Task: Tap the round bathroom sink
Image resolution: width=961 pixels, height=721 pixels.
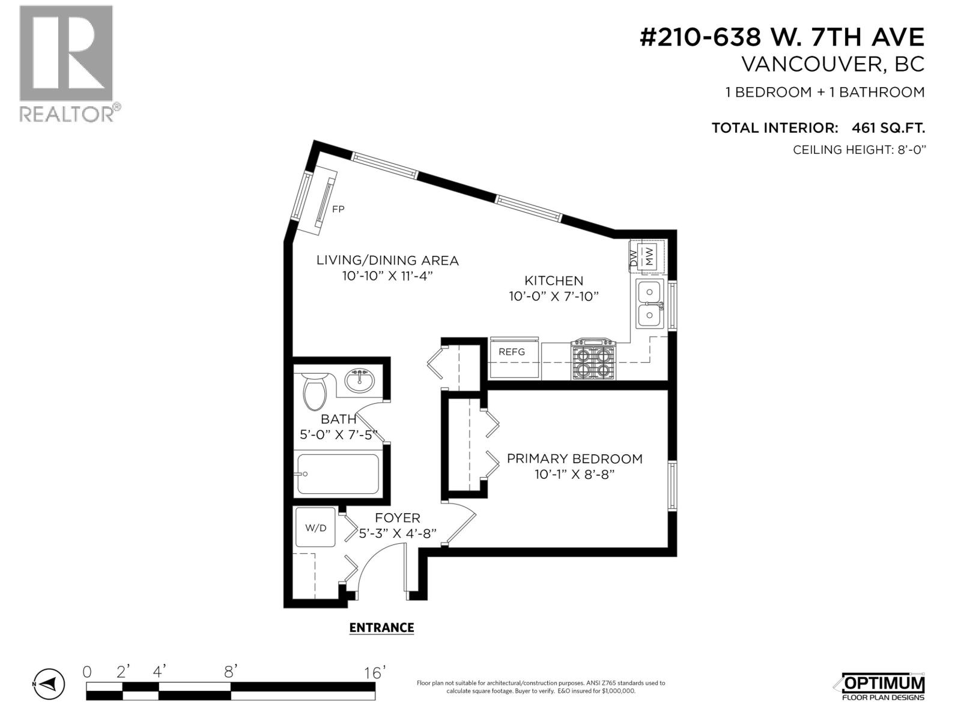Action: (360, 380)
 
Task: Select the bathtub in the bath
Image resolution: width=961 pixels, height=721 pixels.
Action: (338, 474)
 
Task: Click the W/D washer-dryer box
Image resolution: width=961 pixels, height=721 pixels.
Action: (316, 528)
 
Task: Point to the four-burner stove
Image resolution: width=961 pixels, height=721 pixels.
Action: (593, 360)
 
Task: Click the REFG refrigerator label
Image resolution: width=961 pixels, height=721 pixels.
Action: (512, 352)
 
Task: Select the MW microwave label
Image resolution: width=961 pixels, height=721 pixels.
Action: (649, 257)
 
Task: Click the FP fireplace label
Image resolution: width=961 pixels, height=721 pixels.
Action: (339, 209)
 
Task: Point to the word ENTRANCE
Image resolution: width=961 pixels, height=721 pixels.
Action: (381, 628)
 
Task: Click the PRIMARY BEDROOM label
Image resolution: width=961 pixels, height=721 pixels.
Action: (574, 459)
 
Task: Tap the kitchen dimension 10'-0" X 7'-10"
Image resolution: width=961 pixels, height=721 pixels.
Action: (554, 296)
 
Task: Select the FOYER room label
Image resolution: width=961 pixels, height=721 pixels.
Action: (397, 518)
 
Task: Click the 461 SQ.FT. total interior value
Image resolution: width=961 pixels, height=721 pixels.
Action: (888, 128)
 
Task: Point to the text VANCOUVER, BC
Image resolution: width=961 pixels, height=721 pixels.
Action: (832, 64)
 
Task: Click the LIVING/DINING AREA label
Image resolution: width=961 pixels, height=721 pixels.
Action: (387, 261)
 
